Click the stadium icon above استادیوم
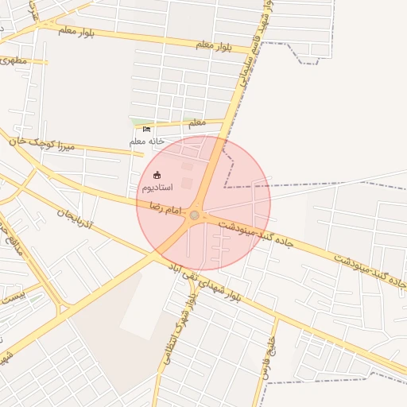[x=157, y=175]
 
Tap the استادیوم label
[x=157, y=188]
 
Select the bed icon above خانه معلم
[x=146, y=129]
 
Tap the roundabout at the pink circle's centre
[x=195, y=213]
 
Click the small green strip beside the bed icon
[x=135, y=122]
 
